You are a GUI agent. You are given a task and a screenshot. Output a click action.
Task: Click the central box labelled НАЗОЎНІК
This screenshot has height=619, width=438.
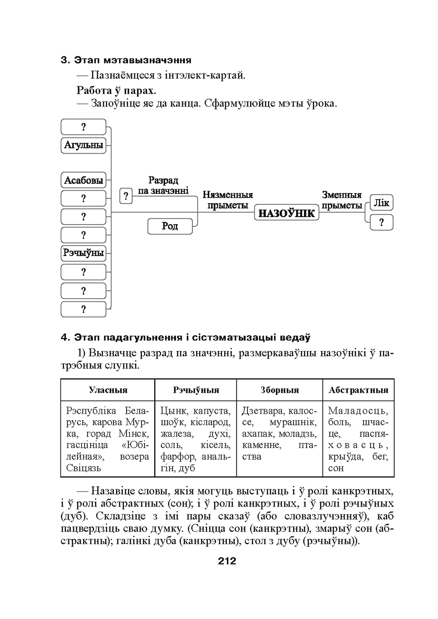(286, 213)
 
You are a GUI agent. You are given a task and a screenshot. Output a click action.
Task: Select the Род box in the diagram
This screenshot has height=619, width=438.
(170, 226)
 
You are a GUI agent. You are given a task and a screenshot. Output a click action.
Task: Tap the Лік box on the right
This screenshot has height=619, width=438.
(381, 203)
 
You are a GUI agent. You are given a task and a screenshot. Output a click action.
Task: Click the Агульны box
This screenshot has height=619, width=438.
(83, 145)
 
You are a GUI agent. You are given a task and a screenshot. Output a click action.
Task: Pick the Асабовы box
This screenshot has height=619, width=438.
(83, 180)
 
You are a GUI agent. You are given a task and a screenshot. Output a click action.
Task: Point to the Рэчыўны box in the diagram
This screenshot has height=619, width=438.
(83, 253)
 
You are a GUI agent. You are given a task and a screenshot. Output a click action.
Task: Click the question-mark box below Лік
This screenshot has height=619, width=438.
(381, 222)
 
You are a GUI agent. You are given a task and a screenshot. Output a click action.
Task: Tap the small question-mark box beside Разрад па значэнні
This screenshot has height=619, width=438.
(126, 196)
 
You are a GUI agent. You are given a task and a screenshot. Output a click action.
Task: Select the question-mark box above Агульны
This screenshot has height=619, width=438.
(83, 127)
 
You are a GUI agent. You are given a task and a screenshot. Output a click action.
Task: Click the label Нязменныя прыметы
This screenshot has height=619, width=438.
(227, 200)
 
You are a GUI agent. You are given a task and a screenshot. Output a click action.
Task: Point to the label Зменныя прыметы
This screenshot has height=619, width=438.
(342, 200)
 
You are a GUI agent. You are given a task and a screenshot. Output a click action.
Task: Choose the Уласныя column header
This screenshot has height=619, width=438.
(108, 390)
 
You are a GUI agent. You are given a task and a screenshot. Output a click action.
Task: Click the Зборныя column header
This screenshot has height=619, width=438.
(279, 390)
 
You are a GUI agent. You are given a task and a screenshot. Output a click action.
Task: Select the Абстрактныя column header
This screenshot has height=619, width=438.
(358, 390)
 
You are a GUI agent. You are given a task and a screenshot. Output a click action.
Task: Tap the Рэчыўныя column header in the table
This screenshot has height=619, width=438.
(196, 390)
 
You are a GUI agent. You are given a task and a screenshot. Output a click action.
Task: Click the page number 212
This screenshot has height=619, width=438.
(227, 561)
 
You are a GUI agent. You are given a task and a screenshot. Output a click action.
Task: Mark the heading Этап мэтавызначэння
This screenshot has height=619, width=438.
(132, 60)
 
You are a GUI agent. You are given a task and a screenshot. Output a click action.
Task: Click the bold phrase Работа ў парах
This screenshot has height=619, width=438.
(117, 90)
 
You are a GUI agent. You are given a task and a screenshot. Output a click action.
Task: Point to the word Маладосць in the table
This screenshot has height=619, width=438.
(357, 411)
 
